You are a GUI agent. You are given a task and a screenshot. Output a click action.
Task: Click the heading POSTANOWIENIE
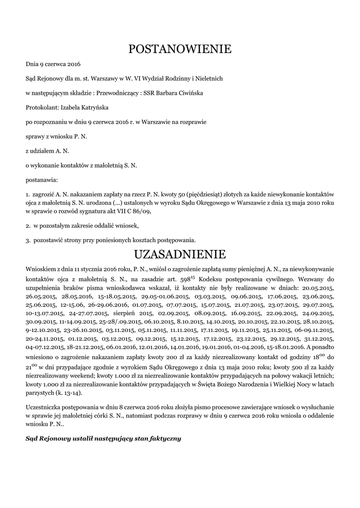[x=180, y=49]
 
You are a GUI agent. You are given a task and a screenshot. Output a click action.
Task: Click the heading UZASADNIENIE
[x=180, y=254]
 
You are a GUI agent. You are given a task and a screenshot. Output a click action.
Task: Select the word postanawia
[x=42, y=179]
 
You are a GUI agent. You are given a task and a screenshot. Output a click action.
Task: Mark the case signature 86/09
[x=141, y=211]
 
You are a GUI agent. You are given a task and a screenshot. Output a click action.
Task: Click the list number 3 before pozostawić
[x=27, y=240]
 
